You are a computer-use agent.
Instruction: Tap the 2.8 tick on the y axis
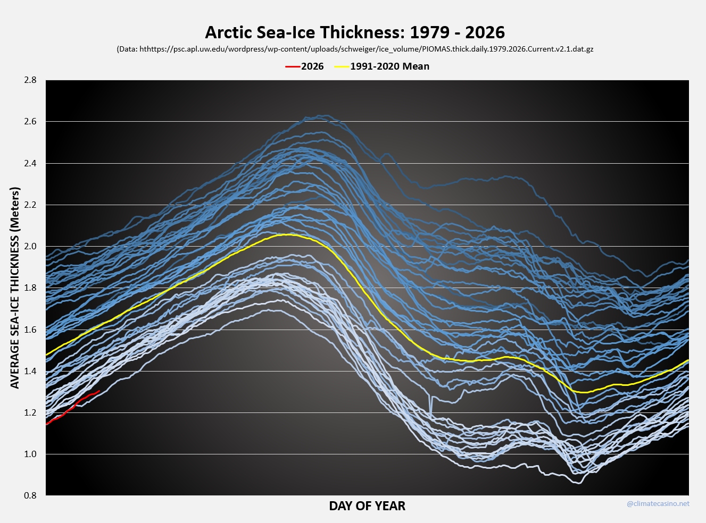30,80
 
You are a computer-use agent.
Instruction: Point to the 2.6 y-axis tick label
30,122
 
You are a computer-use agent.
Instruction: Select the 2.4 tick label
30,163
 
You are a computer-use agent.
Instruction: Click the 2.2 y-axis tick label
30,205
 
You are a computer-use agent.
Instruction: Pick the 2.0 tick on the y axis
30,246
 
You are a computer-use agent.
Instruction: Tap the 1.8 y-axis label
30,288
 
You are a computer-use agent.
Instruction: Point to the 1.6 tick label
30,330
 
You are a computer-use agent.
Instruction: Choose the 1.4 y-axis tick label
30,371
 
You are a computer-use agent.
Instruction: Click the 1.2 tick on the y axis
30,412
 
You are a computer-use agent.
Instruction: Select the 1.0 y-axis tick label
30,454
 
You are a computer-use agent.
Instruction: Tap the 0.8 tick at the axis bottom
30,495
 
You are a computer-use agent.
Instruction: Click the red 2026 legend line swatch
293,66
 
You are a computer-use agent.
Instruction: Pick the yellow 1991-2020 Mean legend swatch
341,66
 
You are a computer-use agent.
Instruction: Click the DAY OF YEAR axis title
367,506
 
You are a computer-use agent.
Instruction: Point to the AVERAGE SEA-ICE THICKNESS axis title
15,288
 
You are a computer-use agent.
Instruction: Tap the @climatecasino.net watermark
658,503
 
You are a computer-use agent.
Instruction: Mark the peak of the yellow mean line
287,234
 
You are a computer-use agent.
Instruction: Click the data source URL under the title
355,49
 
